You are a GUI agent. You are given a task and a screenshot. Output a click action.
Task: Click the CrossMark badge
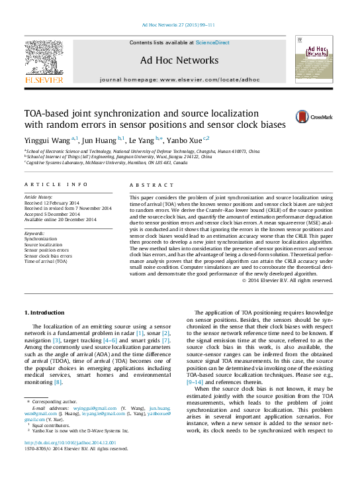pos(314,117)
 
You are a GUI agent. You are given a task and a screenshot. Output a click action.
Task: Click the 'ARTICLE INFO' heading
pos(56,185)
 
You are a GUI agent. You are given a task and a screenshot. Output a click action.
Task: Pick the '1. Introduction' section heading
pos(45,312)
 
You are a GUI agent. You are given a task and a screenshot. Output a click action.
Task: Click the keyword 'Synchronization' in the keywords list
pos(40,239)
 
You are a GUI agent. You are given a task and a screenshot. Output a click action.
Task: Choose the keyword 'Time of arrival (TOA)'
pos(46,261)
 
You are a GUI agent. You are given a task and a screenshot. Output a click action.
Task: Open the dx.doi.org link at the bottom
pos(69,442)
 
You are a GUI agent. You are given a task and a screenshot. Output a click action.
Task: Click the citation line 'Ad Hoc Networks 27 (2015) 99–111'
pos(179,26)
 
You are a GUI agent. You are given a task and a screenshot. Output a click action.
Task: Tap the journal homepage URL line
pos(179,79)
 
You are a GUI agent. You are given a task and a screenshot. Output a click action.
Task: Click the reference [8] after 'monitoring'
pos(58,382)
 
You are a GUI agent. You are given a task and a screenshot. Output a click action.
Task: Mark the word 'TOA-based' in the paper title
pos(48,113)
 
